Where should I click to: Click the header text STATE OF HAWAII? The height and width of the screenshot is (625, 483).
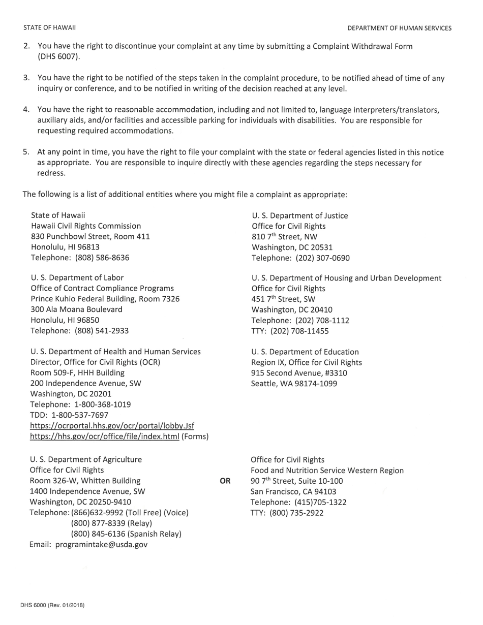49,28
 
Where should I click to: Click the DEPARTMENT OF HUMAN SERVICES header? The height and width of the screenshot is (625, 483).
399,28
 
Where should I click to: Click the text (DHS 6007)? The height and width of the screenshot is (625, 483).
59,56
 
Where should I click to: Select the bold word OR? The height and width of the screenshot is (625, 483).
225,481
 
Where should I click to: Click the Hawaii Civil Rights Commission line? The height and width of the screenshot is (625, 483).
86,226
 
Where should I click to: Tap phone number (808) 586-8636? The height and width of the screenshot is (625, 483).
102,258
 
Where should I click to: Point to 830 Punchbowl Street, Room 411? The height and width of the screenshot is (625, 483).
90,236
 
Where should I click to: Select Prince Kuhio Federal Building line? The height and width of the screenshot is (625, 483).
105,299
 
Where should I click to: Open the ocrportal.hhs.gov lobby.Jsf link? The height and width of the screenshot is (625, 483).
112,426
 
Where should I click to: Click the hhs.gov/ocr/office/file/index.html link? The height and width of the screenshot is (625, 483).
104,436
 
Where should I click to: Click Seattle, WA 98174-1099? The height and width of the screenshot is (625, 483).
294,384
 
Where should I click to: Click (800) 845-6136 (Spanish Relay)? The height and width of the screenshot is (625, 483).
126,534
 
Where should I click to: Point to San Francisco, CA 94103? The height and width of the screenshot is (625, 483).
293,491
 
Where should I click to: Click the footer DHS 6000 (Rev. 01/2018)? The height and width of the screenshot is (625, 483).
52,605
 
